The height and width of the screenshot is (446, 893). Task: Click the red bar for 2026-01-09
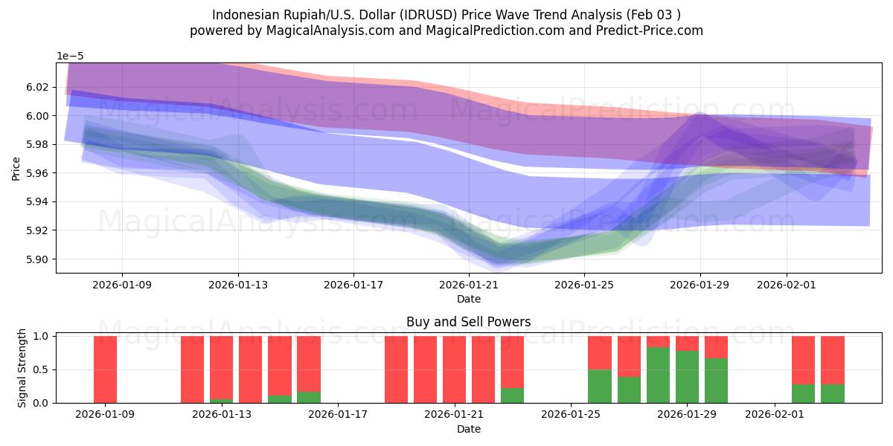point(105,369)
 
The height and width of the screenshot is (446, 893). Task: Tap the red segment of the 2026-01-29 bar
point(687,343)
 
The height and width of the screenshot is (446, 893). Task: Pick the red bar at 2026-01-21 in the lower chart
point(454,369)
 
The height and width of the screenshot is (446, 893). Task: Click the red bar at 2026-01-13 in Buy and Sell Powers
point(221,368)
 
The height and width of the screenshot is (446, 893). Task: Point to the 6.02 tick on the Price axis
point(38,87)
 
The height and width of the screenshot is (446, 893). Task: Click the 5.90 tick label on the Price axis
point(38,259)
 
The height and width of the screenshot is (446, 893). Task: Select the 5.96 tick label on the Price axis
point(38,173)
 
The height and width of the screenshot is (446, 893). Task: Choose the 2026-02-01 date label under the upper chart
point(787,284)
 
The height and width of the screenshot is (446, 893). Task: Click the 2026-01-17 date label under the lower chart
point(338,414)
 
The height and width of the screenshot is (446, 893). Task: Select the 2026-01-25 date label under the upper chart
point(584,284)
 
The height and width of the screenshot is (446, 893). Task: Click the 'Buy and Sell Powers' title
point(468,322)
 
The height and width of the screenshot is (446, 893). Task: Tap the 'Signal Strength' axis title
point(22,369)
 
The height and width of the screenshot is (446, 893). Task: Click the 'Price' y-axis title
point(16,168)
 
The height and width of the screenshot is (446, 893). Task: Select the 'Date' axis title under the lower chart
point(468,429)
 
